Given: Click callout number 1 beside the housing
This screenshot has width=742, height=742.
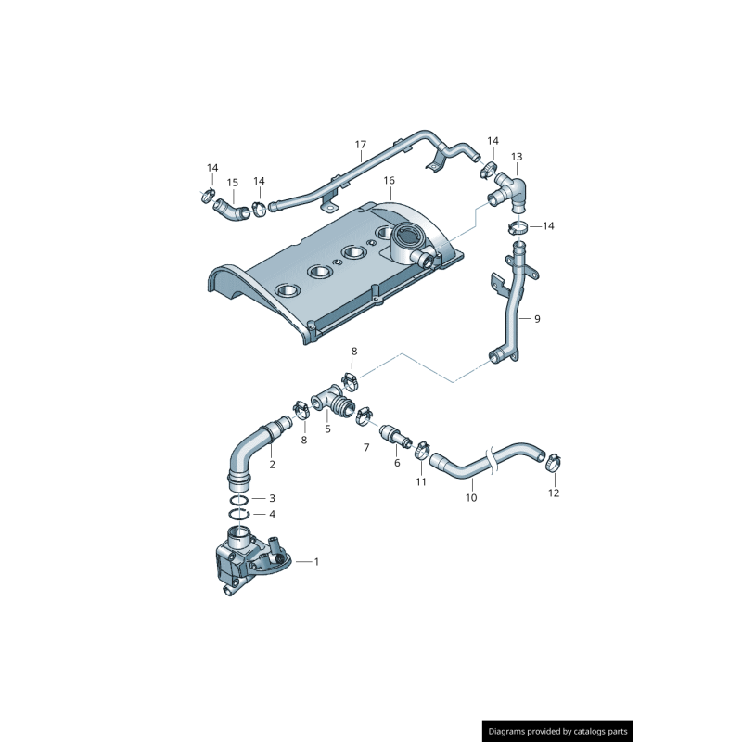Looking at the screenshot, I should point(316,561).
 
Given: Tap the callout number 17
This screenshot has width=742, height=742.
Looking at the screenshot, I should point(361,145).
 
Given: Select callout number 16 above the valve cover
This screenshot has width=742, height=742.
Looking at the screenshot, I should point(389,180).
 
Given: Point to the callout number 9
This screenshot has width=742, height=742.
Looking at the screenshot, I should point(537,318).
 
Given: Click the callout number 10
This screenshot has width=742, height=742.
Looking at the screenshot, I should point(470,498).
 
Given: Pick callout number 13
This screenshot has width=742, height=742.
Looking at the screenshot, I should point(517,157).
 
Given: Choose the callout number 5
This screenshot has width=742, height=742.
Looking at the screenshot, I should point(327,429).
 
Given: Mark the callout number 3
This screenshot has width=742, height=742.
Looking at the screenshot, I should point(272,499).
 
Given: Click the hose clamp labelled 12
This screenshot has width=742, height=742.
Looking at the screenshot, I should point(554,459).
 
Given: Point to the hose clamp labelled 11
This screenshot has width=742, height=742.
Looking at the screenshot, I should point(422,450).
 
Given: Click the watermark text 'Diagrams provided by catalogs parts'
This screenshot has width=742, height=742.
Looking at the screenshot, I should point(558,731).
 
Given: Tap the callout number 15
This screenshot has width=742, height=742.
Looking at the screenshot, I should point(233,183).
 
